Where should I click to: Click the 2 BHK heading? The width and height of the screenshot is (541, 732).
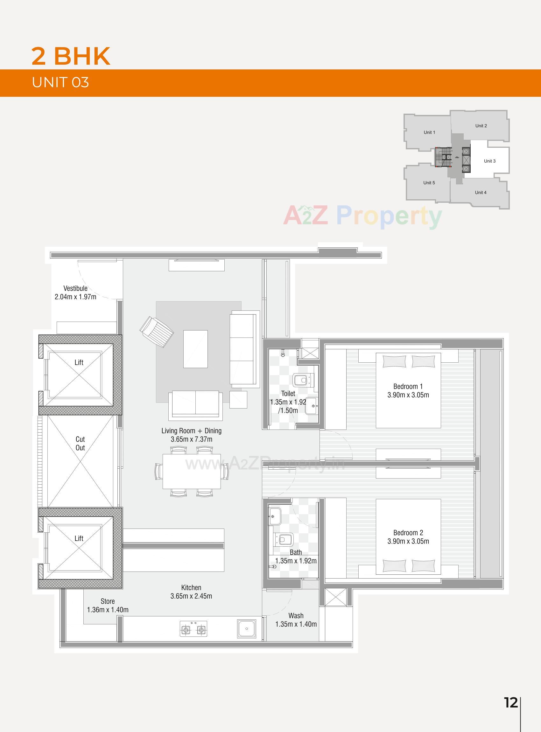click(x=71, y=56)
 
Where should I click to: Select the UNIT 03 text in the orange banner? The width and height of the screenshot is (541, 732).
click(x=60, y=82)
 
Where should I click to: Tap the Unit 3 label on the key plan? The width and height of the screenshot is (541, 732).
click(x=489, y=161)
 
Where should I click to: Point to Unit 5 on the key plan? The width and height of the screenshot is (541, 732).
click(x=429, y=183)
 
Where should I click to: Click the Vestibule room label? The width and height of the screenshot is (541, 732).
click(x=75, y=288)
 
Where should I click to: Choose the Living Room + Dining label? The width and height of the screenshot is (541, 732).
click(x=191, y=431)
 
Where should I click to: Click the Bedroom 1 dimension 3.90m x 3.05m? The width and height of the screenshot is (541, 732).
click(x=408, y=395)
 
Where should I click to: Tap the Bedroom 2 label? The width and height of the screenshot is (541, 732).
click(x=408, y=533)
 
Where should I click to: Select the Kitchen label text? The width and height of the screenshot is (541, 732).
click(x=191, y=587)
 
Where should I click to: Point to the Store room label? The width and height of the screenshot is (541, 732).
click(x=108, y=601)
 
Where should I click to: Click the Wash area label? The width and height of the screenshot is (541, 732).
click(x=296, y=616)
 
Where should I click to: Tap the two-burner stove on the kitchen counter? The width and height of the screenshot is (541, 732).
click(x=193, y=629)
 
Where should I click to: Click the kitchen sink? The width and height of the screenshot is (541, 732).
click(x=247, y=629)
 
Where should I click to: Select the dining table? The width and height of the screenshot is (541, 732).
click(x=192, y=471)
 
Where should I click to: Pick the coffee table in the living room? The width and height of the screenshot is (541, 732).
click(x=195, y=349)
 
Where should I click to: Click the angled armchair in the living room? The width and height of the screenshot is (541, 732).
click(x=157, y=331)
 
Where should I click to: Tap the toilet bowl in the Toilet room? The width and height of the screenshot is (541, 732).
click(x=302, y=380)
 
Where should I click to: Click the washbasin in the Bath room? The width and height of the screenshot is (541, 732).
click(x=274, y=517)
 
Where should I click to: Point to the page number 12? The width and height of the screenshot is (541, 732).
click(x=510, y=702)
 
